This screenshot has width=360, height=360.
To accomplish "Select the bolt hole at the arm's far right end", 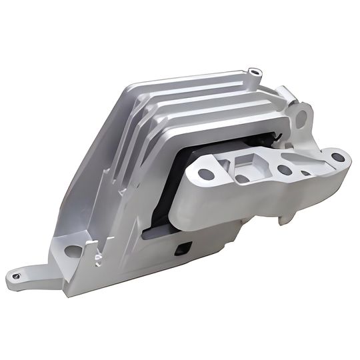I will click(337, 158).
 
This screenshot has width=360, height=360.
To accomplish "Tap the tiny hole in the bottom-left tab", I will click(14, 271).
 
